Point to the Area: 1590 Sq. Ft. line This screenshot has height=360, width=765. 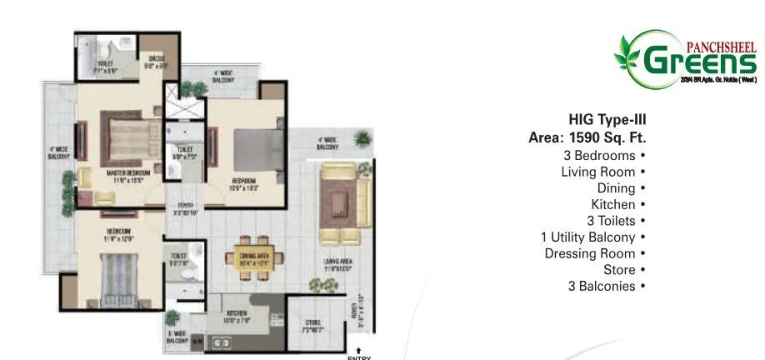587,138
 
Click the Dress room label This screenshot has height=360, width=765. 157,61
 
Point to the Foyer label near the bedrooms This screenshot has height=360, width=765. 185,209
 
